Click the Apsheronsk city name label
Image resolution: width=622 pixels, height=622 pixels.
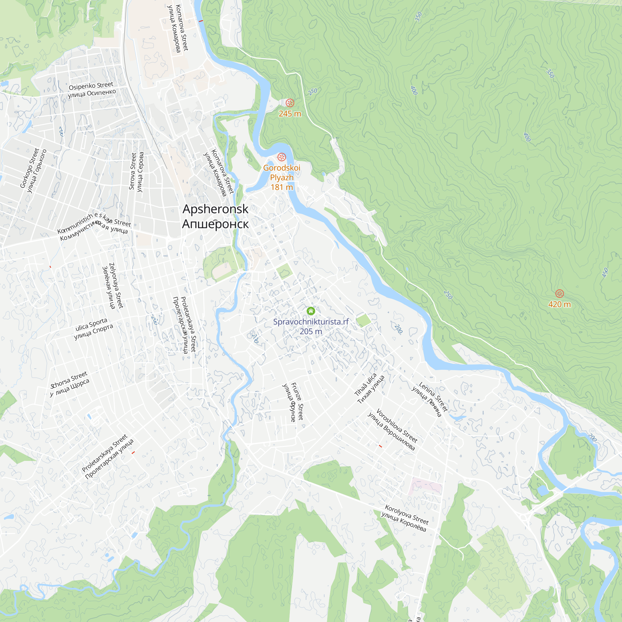[215, 216]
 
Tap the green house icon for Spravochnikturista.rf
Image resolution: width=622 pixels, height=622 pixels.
[311, 311]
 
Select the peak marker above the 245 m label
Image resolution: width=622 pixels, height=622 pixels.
[290, 103]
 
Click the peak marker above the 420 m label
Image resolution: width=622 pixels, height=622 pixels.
[559, 293]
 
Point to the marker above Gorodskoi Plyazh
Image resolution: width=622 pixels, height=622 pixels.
[282, 157]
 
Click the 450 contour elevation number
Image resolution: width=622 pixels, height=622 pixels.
[605, 273]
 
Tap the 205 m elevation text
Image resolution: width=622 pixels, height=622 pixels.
[311, 331]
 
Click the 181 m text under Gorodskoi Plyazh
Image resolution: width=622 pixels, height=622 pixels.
[282, 187]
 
